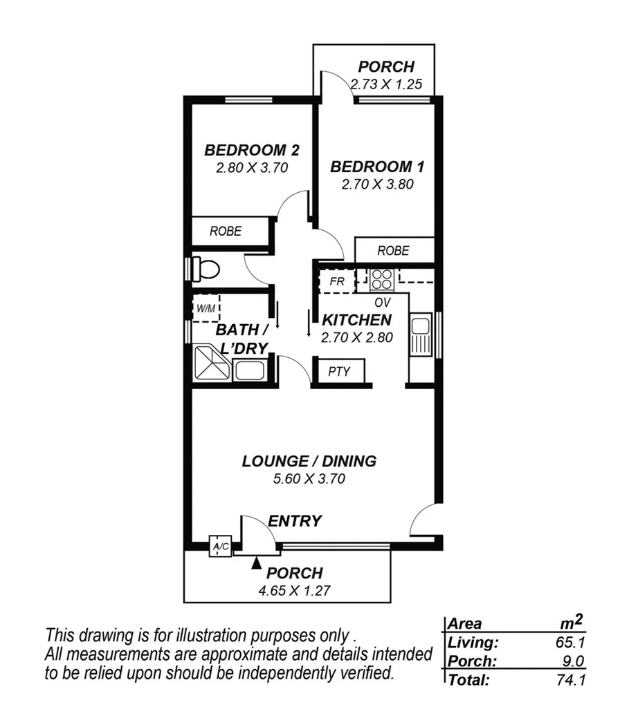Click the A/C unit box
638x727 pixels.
[221, 547]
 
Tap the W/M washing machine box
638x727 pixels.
[205, 308]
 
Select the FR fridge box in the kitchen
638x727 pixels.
[336, 281]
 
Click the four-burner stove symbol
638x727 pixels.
[381, 278]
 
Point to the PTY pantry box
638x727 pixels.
[339, 372]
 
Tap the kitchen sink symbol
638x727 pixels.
[420, 335]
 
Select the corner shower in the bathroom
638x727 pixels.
[211, 363]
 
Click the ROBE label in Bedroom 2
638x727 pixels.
[226, 232]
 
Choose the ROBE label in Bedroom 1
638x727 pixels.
[393, 250]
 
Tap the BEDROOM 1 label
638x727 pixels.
[377, 167]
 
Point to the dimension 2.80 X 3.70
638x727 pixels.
[251, 167]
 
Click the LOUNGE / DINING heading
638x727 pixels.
[309, 461]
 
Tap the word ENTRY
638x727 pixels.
[295, 521]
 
